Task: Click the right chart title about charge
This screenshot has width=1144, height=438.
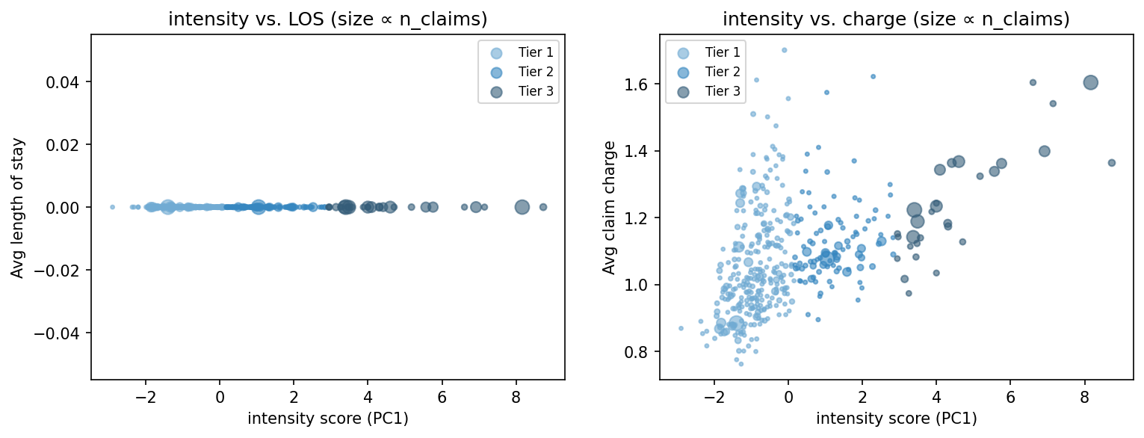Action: click(896, 20)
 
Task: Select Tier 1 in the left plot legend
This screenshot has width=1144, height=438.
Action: click(534, 52)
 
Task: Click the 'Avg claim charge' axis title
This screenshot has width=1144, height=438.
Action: click(610, 207)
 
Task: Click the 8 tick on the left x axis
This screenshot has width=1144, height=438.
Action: click(515, 395)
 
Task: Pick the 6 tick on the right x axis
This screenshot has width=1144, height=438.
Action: click(1009, 395)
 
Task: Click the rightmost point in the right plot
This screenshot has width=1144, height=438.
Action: click(1111, 163)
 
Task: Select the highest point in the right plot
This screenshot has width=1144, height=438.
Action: click(784, 50)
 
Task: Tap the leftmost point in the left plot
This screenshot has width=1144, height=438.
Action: click(112, 207)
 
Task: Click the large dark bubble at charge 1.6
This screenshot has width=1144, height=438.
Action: click(1090, 83)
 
